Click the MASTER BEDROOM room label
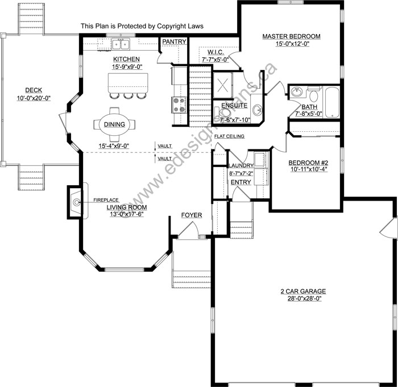tap(291, 36)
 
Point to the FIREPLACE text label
tap(106, 201)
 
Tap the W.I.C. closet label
tap(214, 51)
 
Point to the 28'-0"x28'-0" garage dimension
tap(301, 298)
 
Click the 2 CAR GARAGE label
tap(301, 291)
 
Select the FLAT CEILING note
tap(230, 137)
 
